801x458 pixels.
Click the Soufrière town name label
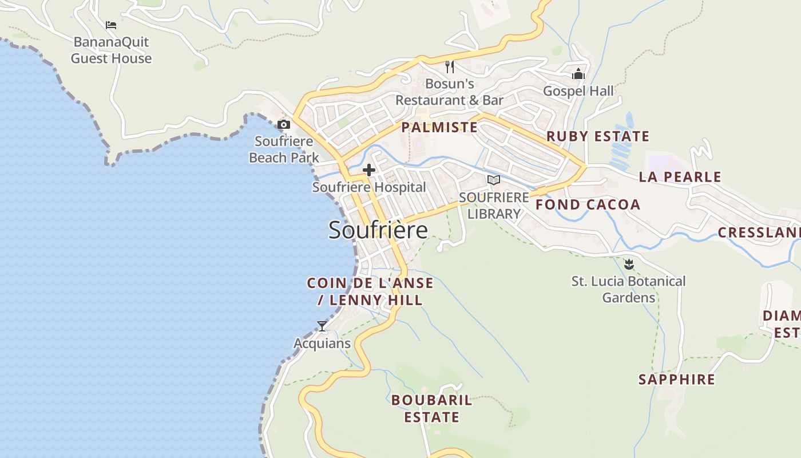click(378, 230)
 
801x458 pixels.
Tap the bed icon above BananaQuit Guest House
click(111, 25)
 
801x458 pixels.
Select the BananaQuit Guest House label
click(111, 50)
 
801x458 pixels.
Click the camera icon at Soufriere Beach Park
click(284, 124)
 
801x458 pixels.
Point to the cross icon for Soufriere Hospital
click(369, 170)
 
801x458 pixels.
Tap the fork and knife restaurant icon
click(450, 67)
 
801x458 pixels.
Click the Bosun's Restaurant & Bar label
click(450, 92)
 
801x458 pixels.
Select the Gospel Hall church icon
click(578, 74)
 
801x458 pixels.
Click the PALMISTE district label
click(439, 127)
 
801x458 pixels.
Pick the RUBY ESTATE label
click(598, 136)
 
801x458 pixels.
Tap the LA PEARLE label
click(680, 177)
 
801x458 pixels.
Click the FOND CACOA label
click(588, 205)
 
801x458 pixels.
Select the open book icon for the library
click(493, 180)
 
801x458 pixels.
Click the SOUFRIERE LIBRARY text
click(494, 206)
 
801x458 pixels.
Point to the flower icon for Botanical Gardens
click(629, 264)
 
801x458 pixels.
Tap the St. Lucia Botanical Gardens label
click(628, 289)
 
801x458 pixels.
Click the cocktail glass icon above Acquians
click(322, 326)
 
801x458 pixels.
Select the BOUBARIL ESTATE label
click(431, 408)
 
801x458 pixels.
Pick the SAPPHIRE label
click(676, 380)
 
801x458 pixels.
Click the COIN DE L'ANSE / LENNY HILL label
click(370, 291)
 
